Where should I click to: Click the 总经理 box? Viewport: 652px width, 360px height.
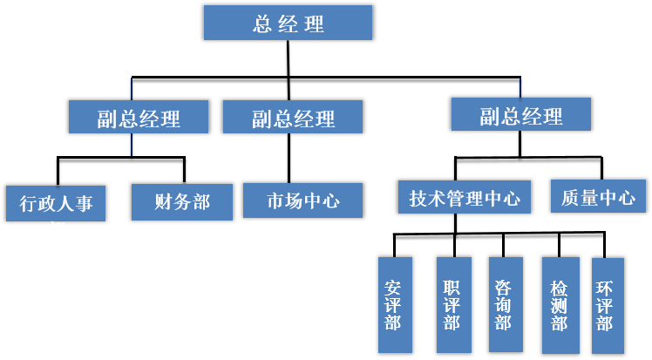(289, 23)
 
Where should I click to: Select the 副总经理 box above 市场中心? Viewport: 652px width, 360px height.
(293, 117)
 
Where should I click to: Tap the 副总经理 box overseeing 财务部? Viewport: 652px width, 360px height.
(139, 118)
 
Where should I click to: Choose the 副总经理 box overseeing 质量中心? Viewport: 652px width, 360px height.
(520, 114)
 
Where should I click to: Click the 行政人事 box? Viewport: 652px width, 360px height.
(56, 203)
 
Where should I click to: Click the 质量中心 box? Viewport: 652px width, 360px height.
(598, 196)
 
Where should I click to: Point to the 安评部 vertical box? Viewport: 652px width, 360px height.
(392, 304)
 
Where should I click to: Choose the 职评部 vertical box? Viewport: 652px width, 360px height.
(452, 304)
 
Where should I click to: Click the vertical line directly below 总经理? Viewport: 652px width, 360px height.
(289, 58)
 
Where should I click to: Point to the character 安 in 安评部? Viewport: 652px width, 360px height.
(392, 286)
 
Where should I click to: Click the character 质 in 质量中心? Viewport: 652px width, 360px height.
(567, 197)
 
